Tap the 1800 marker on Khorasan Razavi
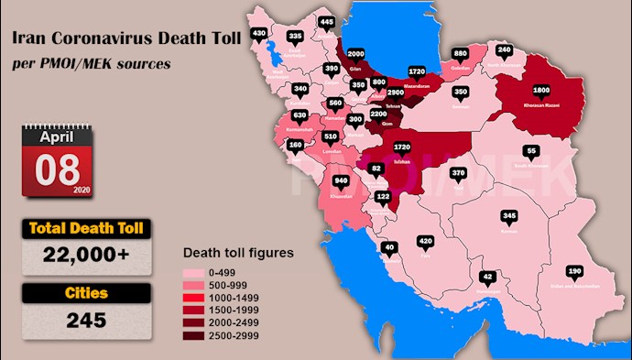tap(541, 91)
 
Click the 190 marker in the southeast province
tap(574, 272)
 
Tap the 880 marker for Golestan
tap(460, 53)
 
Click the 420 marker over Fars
tap(425, 242)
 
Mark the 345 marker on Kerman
tap(510, 217)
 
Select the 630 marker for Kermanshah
tap(299, 116)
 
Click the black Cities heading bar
tap(85, 295)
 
